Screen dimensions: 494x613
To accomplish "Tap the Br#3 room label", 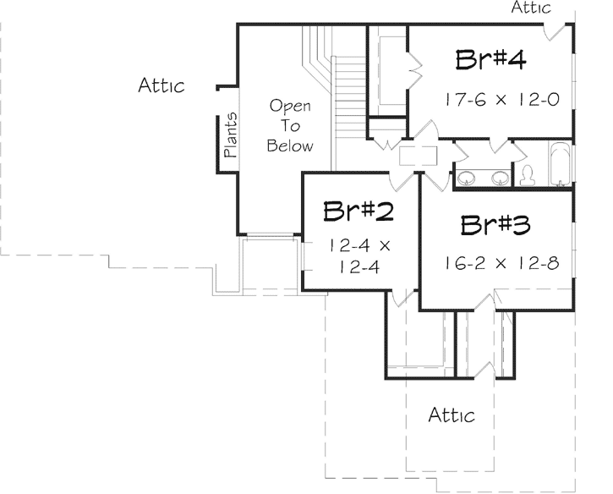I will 496,226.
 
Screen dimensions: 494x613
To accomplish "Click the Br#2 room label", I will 358,211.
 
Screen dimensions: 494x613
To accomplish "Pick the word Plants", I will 230,136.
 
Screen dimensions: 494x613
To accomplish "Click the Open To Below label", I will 290,126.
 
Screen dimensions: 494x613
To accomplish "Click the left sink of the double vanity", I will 466,178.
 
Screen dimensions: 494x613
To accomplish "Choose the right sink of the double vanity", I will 500,178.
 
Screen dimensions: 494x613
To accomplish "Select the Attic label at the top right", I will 531,8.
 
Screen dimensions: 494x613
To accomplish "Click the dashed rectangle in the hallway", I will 418,155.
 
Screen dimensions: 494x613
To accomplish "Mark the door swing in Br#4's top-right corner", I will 556,31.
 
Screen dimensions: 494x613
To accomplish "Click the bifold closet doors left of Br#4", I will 415,73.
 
